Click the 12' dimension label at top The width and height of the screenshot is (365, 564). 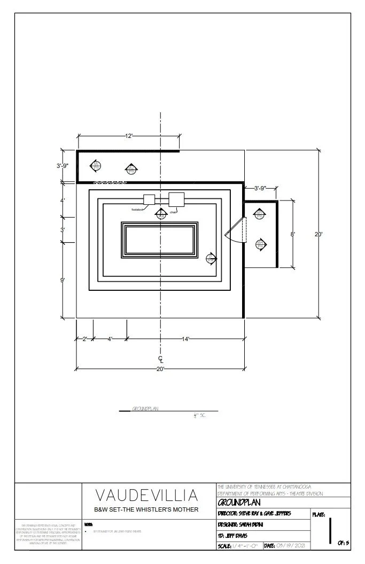129,136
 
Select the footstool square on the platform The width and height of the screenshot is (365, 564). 149,199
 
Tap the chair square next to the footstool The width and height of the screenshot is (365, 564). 176,199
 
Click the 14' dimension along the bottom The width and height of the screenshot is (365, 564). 185,339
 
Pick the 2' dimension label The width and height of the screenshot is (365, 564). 84,339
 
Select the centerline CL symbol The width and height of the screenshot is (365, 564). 160,359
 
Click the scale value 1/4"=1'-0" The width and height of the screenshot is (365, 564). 246,545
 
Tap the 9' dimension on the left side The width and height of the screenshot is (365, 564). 63,280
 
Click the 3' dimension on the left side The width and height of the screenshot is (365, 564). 63,230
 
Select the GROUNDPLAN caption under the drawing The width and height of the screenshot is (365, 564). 146,409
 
